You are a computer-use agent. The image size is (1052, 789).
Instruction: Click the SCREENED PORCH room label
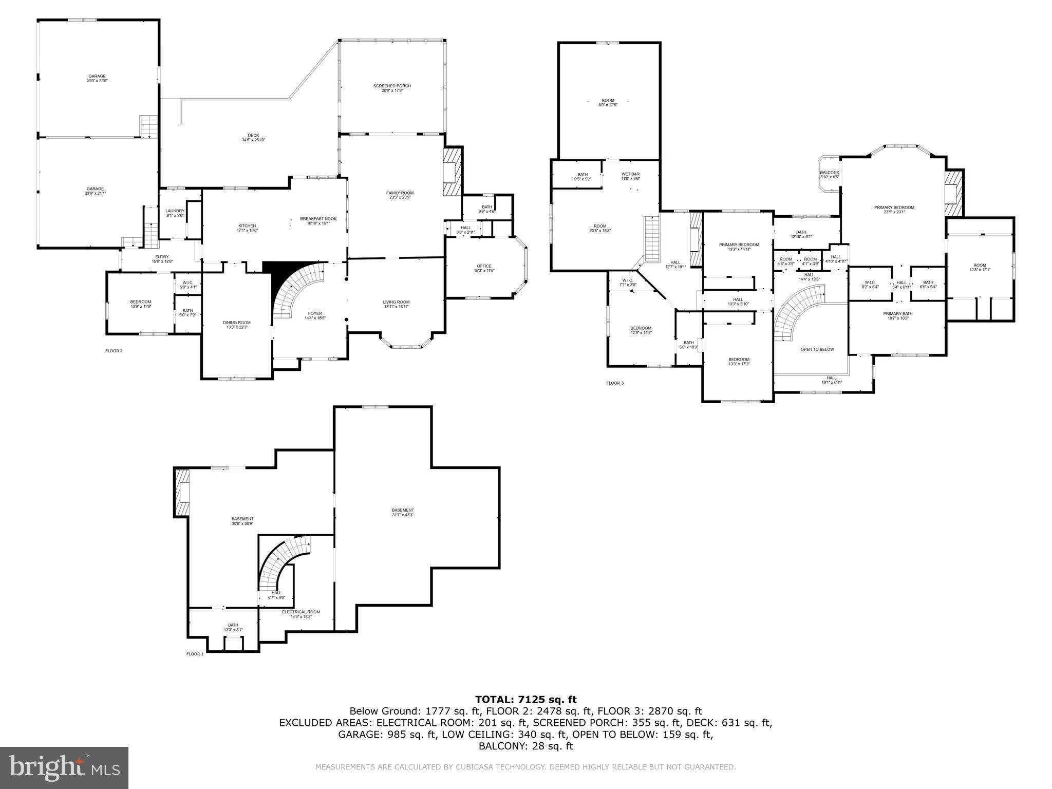pyautogui.click(x=392, y=86)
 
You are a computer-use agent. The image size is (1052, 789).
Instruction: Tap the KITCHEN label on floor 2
pyautogui.click(x=247, y=226)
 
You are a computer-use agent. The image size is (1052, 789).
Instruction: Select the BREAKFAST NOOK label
pyautogui.click(x=318, y=219)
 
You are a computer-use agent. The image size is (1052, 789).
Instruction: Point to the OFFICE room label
pyautogui.click(x=484, y=266)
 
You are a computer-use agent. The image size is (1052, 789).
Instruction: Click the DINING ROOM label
pyautogui.click(x=237, y=323)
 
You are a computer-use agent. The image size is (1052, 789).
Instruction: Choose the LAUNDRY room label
pyautogui.click(x=175, y=211)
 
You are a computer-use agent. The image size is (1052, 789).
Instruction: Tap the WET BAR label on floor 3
pyautogui.click(x=630, y=174)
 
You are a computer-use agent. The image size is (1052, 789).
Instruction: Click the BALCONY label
pyautogui.click(x=829, y=173)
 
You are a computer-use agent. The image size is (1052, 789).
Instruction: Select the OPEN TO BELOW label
pyautogui.click(x=817, y=349)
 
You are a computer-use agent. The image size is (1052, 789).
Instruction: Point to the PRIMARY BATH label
pyautogui.click(x=898, y=314)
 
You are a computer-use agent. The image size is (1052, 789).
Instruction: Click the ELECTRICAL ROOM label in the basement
pyautogui.click(x=301, y=612)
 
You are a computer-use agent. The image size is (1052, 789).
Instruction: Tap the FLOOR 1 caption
pyautogui.click(x=195, y=654)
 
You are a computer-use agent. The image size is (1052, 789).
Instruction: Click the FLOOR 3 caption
pyautogui.click(x=615, y=383)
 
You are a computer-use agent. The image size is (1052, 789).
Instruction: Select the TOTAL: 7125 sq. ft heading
pyautogui.click(x=525, y=699)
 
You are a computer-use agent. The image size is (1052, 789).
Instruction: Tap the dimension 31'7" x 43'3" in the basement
pyautogui.click(x=403, y=515)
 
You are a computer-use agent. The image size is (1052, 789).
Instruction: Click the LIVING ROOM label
pyautogui.click(x=396, y=302)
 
